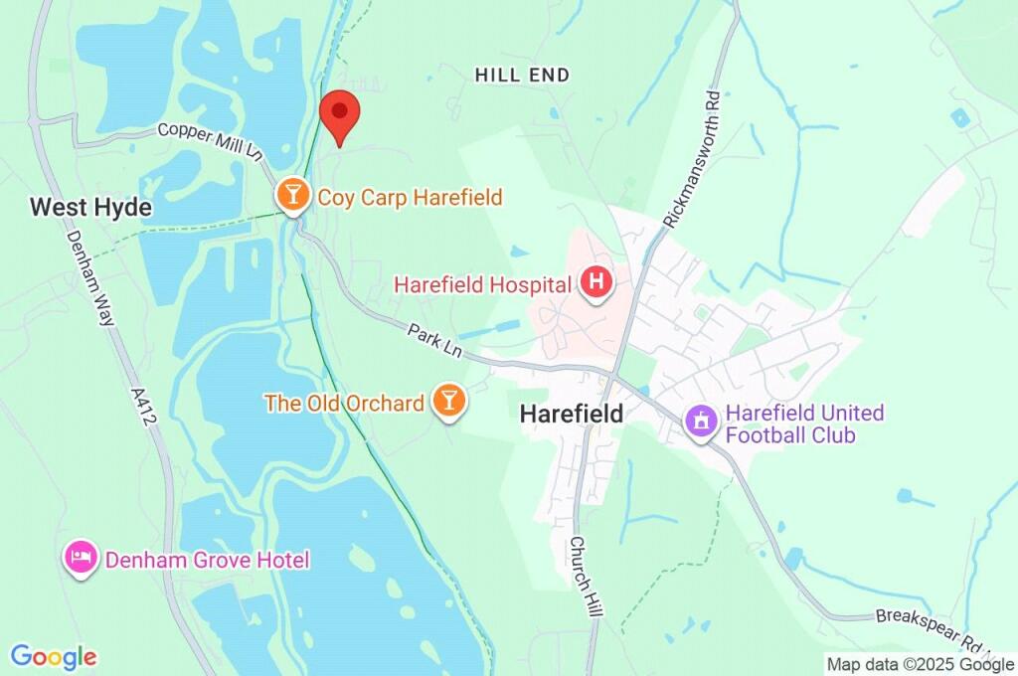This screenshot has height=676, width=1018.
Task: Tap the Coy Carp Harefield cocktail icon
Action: (x=292, y=196)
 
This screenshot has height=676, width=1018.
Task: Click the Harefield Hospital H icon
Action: (x=596, y=283)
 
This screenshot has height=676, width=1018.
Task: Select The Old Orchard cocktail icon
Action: (x=448, y=402)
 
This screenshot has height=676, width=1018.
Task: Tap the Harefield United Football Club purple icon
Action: (x=701, y=422)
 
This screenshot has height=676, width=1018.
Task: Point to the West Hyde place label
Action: (x=90, y=207)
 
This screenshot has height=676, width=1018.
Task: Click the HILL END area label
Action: (x=522, y=75)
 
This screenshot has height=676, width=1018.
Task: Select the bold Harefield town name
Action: (x=572, y=414)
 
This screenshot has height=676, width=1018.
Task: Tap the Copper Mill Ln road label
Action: (x=209, y=142)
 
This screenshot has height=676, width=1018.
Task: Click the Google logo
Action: (x=54, y=656)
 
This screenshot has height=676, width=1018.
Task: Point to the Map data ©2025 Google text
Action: (x=921, y=664)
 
